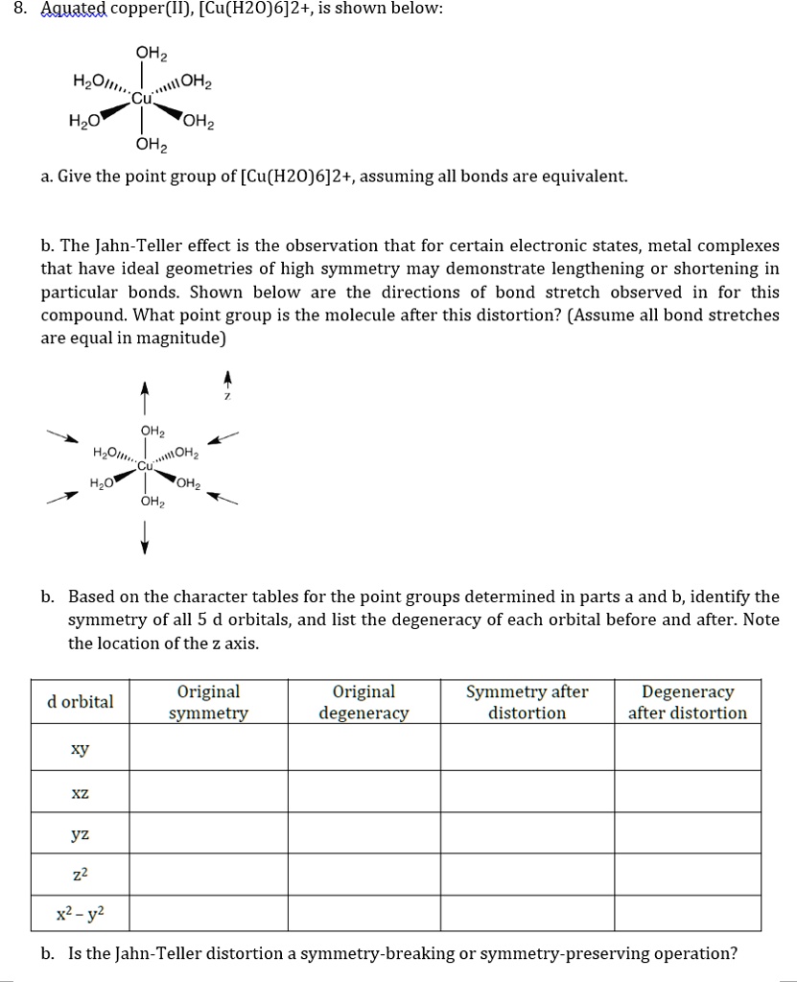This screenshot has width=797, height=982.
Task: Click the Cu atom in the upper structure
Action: [x=142, y=98]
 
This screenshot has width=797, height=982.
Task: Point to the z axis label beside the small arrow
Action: [x=227, y=395]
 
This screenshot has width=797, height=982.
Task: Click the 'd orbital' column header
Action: [x=81, y=702]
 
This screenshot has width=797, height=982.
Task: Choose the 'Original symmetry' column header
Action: [x=208, y=702]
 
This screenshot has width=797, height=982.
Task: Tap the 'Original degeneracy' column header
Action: [x=364, y=702]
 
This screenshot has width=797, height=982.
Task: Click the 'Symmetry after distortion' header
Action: [x=527, y=702]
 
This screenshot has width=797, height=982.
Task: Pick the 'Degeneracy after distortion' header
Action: [x=688, y=702]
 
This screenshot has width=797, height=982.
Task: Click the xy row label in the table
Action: [x=81, y=749]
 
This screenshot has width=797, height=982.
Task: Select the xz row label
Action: [x=81, y=792]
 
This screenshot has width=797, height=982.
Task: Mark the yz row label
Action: [x=81, y=834]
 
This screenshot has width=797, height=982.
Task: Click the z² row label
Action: [x=81, y=874]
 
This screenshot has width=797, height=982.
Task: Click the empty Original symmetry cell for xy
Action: [x=208, y=749]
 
